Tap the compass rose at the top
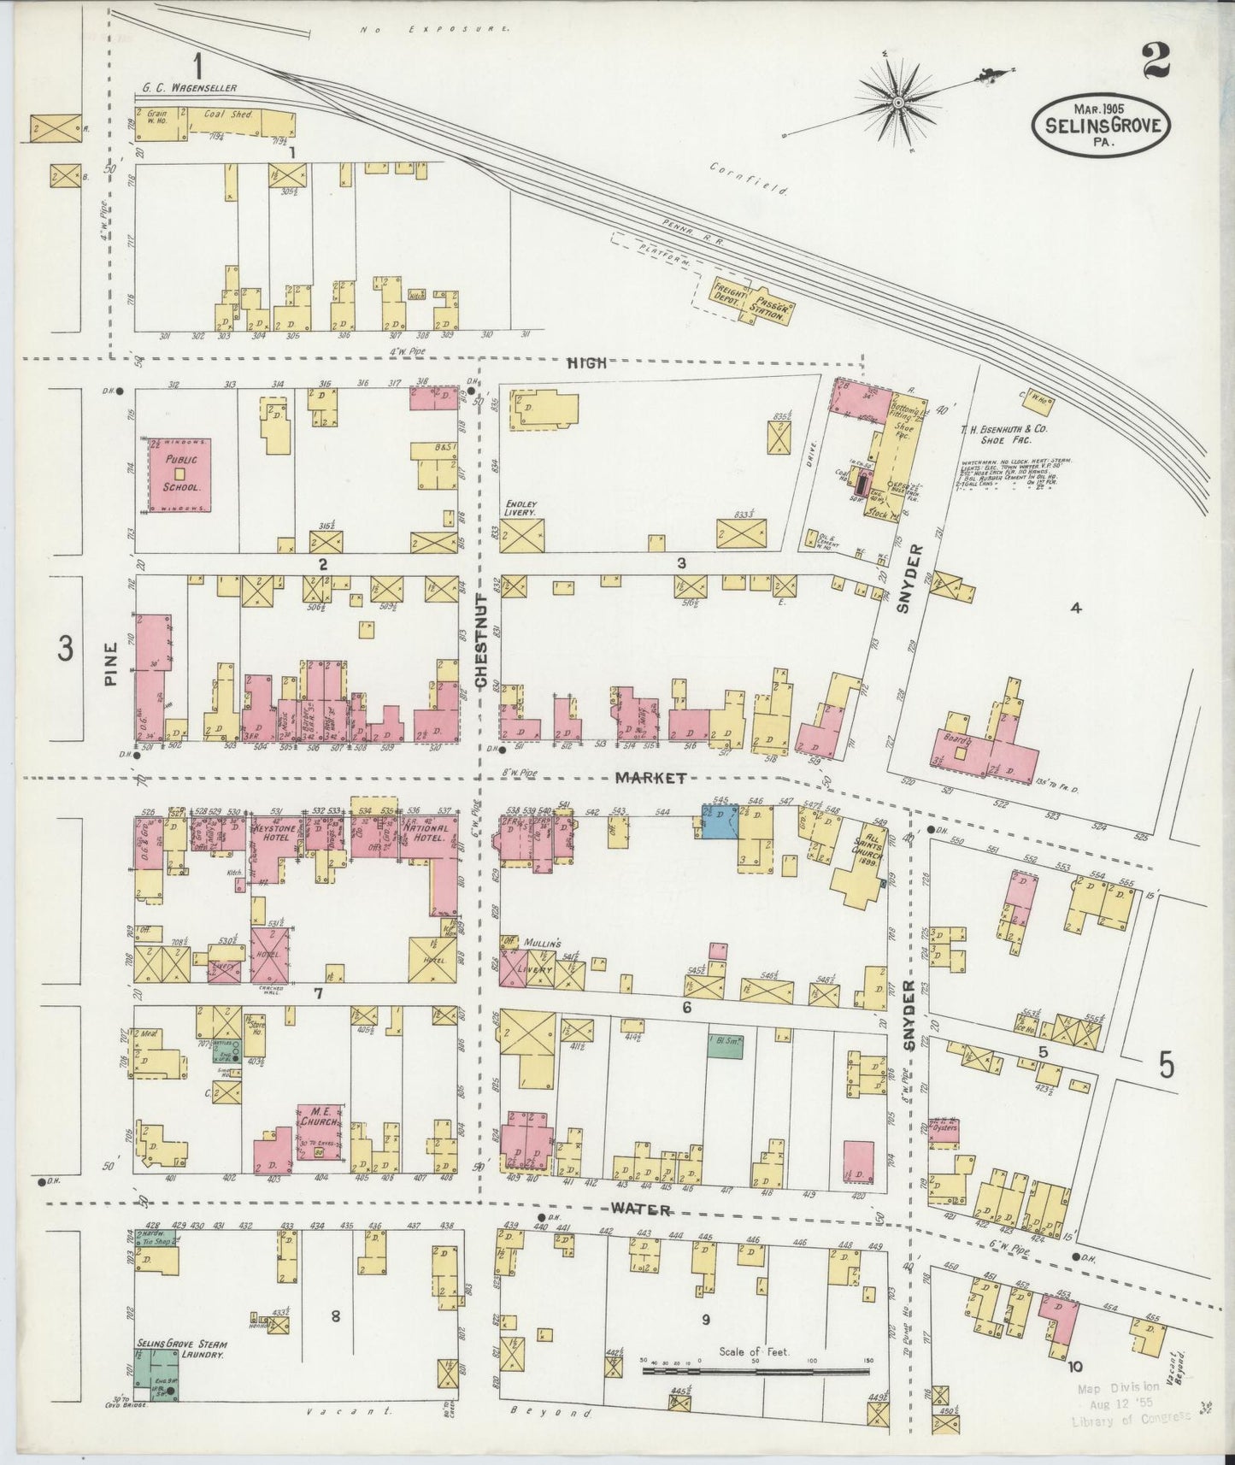tap(898, 103)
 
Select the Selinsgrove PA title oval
tap(1102, 126)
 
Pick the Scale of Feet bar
tap(756, 1371)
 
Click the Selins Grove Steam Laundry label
tap(179, 1349)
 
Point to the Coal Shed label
tap(226, 114)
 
